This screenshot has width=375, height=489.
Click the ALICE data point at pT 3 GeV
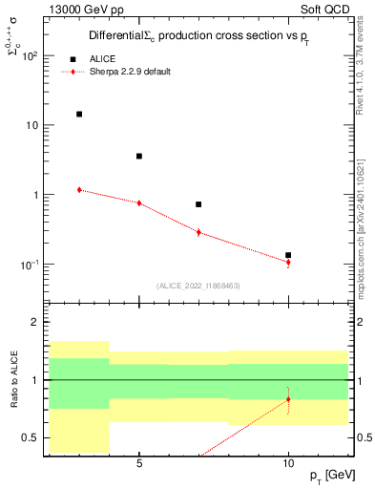tap(79, 114)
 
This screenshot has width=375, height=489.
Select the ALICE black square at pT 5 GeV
tap(139, 156)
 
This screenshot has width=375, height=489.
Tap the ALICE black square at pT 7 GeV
tap(198, 204)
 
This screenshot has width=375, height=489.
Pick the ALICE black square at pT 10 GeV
tap(288, 255)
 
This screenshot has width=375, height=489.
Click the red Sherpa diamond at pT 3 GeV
tap(79, 189)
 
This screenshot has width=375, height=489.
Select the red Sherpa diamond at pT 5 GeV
tap(139, 202)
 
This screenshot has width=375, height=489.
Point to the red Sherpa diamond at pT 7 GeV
tap(198, 232)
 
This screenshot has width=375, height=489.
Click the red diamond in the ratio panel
tap(288, 399)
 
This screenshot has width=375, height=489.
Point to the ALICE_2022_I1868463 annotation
tap(198, 285)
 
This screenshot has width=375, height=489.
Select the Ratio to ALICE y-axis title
tap(12, 379)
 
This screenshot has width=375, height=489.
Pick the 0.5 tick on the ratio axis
tap(31, 437)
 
